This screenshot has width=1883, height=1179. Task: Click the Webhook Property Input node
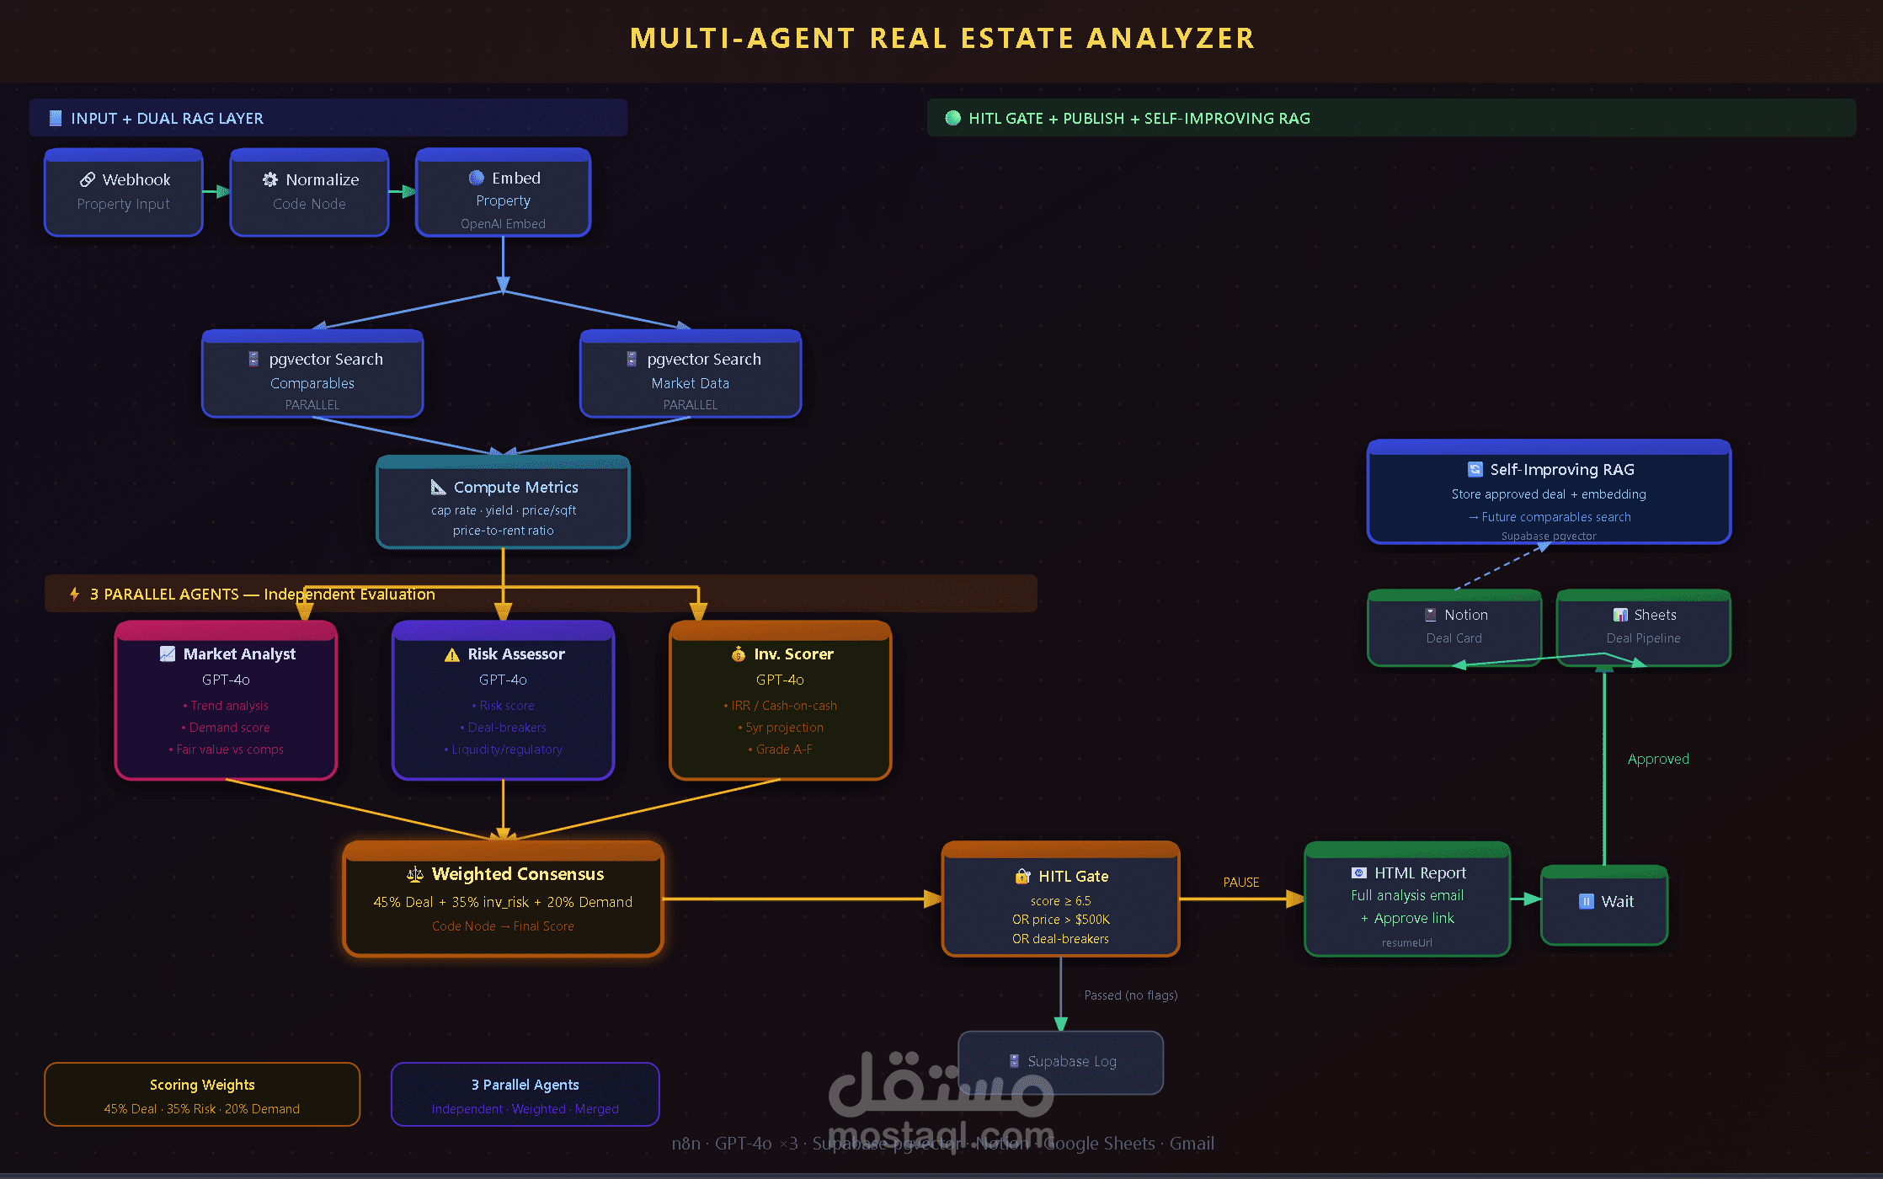(124, 193)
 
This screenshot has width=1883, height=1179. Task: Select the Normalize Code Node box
(309, 193)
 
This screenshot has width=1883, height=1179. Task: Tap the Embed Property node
(503, 193)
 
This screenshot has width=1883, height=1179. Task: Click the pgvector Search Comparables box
(312, 374)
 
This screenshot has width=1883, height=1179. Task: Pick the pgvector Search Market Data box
(691, 374)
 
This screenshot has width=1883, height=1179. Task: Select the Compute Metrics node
(503, 503)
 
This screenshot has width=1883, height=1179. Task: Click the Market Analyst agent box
(226, 701)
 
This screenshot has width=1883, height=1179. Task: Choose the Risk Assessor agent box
(503, 701)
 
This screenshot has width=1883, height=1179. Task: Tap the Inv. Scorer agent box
(780, 701)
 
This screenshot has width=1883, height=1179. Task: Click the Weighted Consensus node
(503, 899)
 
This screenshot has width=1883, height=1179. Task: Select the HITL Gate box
(1060, 899)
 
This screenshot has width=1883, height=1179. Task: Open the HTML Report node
(1407, 899)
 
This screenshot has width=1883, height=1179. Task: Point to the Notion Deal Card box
(1454, 627)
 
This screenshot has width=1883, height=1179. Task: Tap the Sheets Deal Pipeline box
(1643, 627)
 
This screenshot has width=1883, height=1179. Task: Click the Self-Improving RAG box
(1549, 493)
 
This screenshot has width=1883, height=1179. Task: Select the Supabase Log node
(1061, 1062)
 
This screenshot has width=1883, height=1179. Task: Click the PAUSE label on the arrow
(1241, 882)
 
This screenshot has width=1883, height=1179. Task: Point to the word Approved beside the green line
(1658, 759)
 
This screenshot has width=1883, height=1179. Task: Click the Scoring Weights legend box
(202, 1095)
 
